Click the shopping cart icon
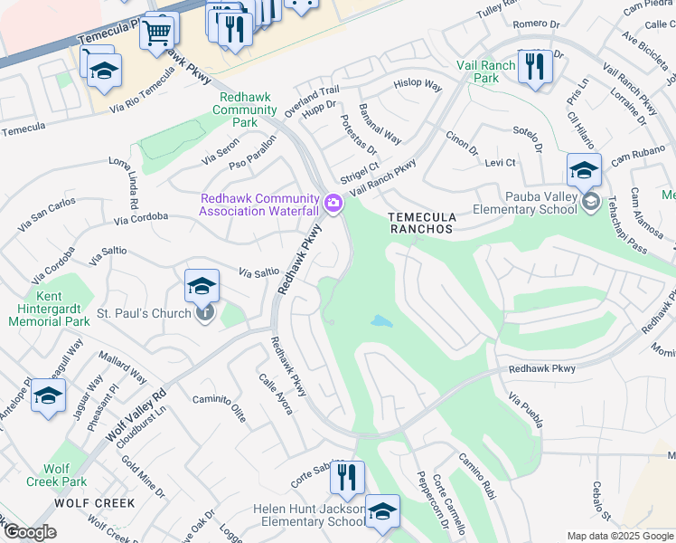(159, 33)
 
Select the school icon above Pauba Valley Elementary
(584, 169)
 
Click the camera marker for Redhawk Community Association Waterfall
(333, 205)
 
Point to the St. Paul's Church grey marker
(205, 314)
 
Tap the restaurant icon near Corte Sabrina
(346, 477)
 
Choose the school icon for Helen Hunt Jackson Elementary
(382, 510)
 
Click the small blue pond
(382, 321)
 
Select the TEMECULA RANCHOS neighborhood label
(420, 224)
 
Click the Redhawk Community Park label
(244, 110)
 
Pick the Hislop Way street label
(418, 85)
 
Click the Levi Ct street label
(499, 163)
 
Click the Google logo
(30, 532)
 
